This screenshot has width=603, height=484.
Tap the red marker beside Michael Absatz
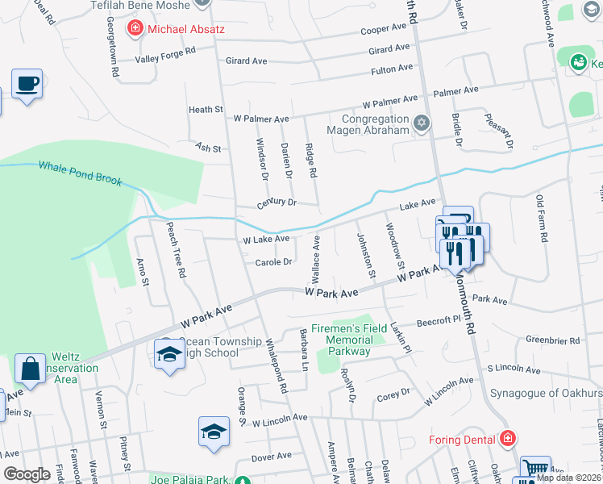pyautogui.click(x=135, y=30)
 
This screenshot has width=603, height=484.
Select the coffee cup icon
pyautogui.click(x=27, y=84)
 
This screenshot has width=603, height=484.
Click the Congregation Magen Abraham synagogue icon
pyautogui.click(x=420, y=123)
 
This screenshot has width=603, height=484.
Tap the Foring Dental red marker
pyautogui.click(x=507, y=440)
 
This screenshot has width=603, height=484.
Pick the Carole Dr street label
pyautogui.click(x=273, y=262)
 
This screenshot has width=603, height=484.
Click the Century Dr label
pyautogui.click(x=277, y=202)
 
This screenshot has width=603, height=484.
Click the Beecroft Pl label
pyautogui.click(x=437, y=320)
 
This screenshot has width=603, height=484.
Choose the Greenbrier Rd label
pyautogui.click(x=553, y=341)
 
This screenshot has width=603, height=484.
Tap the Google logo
pyautogui.click(x=27, y=474)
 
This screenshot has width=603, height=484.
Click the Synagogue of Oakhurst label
pyautogui.click(x=547, y=394)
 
